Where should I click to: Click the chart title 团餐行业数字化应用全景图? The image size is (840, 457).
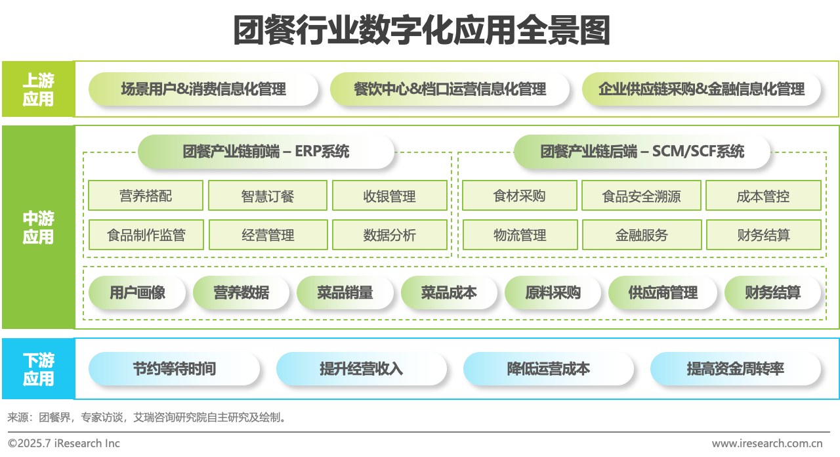click(x=421, y=31)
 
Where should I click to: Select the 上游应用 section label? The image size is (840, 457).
click(x=38, y=89)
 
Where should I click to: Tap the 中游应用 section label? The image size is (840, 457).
click(x=38, y=227)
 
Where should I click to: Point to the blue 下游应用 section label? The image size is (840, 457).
click(x=38, y=369)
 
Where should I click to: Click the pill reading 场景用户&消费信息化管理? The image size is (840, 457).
click(x=203, y=89)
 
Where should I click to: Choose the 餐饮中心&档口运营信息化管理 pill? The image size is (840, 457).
click(x=450, y=89)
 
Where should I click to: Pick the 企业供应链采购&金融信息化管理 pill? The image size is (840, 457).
click(x=701, y=89)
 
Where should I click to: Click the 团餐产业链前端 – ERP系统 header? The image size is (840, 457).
click(x=266, y=152)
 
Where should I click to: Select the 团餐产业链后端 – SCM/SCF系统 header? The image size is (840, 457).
click(x=642, y=152)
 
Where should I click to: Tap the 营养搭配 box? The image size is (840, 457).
click(x=146, y=196)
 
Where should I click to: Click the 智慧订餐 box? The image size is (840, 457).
click(x=267, y=196)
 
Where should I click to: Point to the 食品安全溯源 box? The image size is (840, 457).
click(x=641, y=196)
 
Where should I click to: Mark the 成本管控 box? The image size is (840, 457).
click(x=763, y=196)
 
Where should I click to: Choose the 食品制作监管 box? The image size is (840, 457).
click(x=146, y=235)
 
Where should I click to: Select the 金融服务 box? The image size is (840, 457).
click(x=641, y=235)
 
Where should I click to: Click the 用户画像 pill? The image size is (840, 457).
click(x=137, y=293)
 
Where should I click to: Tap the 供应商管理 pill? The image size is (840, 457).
click(x=663, y=293)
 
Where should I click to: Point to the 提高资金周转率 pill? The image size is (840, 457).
click(x=735, y=369)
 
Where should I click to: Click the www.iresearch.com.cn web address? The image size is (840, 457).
click(x=766, y=443)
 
